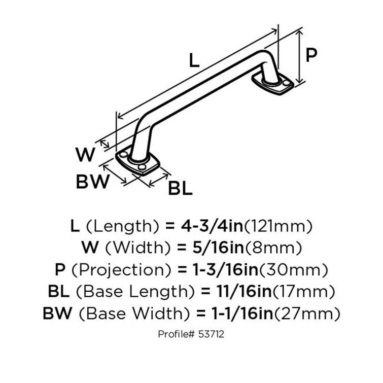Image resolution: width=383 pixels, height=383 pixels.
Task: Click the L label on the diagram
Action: point(194,60)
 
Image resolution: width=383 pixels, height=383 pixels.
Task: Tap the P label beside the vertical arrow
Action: point(311,55)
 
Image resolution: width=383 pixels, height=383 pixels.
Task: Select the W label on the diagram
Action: point(85,155)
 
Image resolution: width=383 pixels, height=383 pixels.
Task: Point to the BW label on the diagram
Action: point(93,182)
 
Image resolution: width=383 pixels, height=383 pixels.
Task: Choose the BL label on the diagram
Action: point(181,188)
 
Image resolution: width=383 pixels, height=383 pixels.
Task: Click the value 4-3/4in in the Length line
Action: point(212,226)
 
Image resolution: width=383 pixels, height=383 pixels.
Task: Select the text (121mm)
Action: point(278,226)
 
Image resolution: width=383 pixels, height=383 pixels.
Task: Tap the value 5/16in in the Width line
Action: point(218,248)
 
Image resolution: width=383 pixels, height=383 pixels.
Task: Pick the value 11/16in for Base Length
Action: point(244,291)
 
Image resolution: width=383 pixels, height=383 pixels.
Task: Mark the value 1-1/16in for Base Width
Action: point(242,314)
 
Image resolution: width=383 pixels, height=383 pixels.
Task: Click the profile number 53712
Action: point(211,334)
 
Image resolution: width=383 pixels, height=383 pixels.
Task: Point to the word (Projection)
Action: point(121,270)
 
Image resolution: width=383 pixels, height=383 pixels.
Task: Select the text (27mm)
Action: point(307,314)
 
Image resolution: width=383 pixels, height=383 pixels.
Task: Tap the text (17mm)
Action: point(304,292)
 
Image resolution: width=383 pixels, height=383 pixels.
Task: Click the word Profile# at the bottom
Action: point(177,334)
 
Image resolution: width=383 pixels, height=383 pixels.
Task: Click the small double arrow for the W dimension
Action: point(105,144)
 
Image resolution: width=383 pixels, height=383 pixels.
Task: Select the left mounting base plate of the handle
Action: point(138,162)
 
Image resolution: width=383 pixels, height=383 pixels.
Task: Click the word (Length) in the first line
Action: point(123,226)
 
